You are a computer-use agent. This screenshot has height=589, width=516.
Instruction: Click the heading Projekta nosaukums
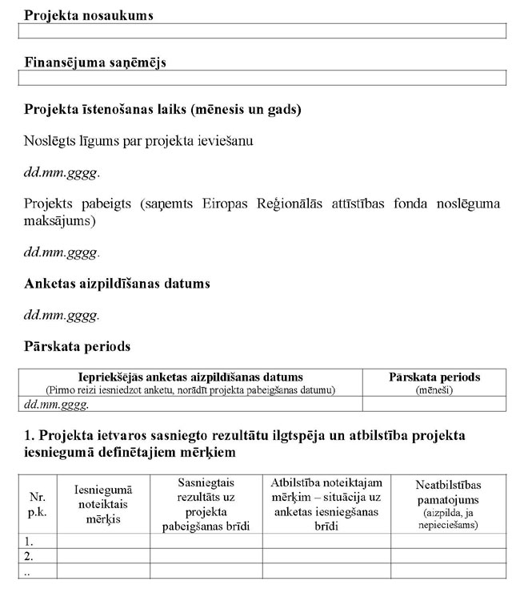[x=89, y=15]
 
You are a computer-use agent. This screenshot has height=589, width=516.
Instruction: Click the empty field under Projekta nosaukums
[x=262, y=31]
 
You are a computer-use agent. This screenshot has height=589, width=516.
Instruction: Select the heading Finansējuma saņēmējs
[x=95, y=63]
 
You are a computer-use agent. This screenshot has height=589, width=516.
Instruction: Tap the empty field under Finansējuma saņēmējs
[x=262, y=78]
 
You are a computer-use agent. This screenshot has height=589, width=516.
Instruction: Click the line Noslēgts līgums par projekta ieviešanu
[x=138, y=141]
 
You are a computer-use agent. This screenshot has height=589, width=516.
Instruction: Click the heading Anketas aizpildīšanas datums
[x=117, y=284]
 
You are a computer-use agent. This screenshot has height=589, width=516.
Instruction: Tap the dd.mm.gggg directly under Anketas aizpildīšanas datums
[x=62, y=315]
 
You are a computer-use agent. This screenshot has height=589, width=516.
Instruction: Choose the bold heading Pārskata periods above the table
[x=77, y=347]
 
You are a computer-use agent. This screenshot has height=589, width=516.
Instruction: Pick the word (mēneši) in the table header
[x=434, y=389]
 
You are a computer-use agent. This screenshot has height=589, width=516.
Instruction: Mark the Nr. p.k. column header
[x=37, y=503]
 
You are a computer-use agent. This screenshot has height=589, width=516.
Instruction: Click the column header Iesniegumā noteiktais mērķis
[x=103, y=503]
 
